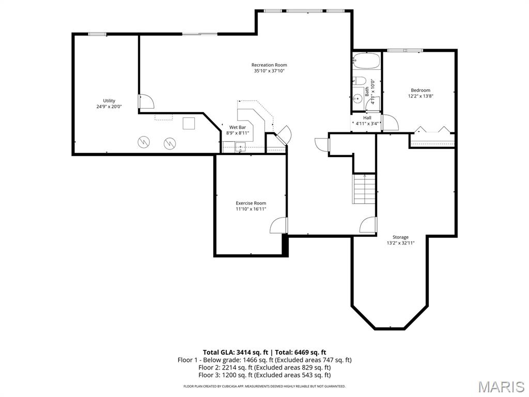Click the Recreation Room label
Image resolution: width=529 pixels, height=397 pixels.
(269, 65)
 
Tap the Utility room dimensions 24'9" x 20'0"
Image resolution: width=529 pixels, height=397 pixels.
(109, 106)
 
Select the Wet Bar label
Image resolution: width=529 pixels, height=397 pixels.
(238, 127)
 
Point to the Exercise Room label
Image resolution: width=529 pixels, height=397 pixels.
(251, 203)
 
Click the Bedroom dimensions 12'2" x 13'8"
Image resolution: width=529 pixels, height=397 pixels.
(421, 96)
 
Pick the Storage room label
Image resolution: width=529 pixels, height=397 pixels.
(400, 237)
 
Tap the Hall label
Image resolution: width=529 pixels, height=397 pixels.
(367, 118)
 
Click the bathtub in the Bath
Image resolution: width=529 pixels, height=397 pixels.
(366, 61)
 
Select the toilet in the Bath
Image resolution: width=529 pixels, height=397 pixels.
(360, 81)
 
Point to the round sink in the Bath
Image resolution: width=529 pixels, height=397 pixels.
(357, 99)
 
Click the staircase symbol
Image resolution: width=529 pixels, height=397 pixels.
(364, 189)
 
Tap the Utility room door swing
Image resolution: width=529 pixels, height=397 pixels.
(146, 101)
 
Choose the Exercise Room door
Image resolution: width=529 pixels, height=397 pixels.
(279, 225)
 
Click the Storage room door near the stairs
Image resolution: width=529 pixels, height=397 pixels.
(368, 225)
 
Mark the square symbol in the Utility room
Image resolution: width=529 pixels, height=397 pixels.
(189, 123)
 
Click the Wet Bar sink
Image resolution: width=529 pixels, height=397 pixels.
(240, 147)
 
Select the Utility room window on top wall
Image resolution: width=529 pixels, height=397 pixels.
(97, 34)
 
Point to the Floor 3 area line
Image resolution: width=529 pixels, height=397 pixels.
(264, 375)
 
